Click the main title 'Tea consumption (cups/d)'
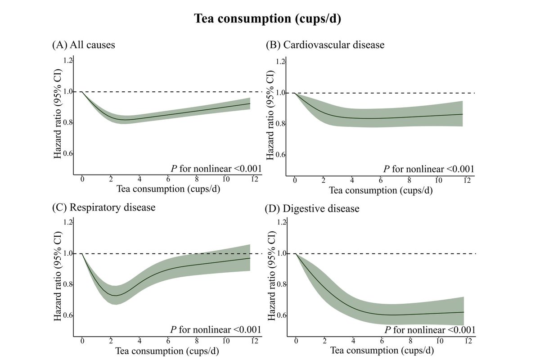pyautogui.click(x=270, y=19)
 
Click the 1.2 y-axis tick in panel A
pyautogui.click(x=68, y=60)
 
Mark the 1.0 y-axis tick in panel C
pyautogui.click(x=68, y=253)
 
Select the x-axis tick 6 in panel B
pyautogui.click(x=380, y=180)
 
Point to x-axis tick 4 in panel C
pyautogui.click(x=139, y=341)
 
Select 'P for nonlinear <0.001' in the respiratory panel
pyautogui.click(x=215, y=331)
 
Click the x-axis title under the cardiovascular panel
pyautogui.click(x=381, y=190)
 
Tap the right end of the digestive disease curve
pyautogui.click(x=463, y=312)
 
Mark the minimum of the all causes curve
pyautogui.click(x=127, y=120)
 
